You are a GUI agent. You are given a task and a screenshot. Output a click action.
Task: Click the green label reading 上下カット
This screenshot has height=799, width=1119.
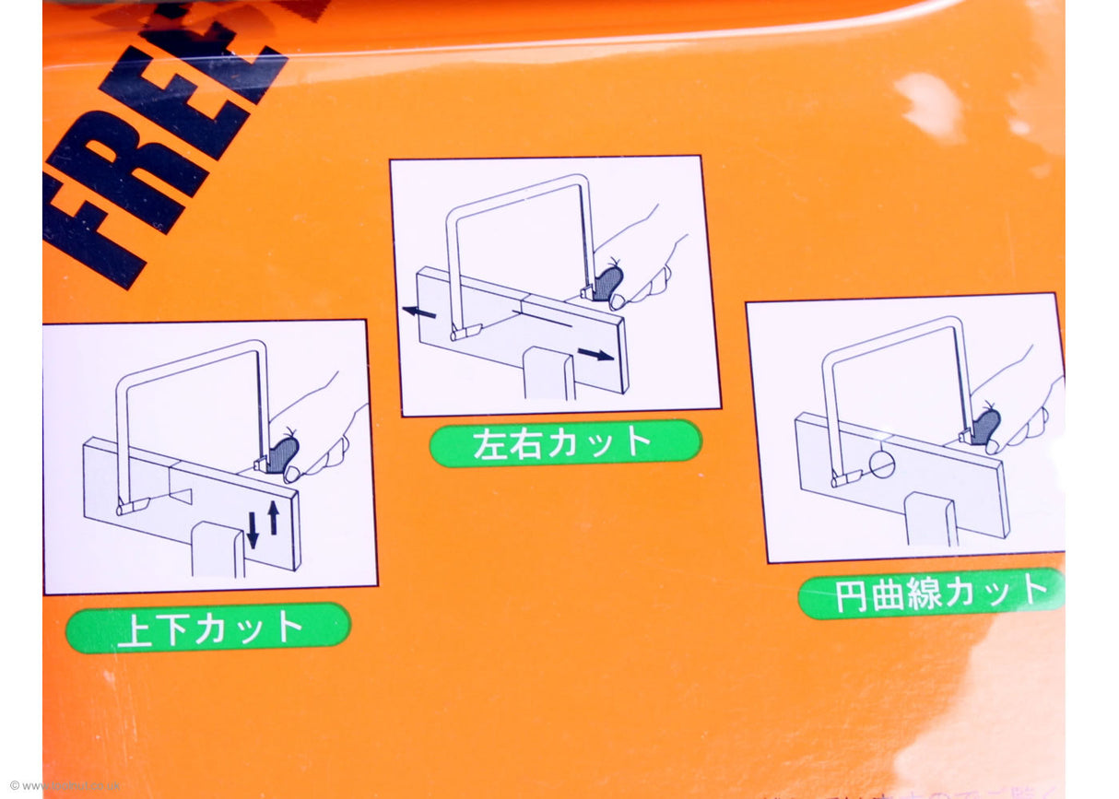click(208, 629)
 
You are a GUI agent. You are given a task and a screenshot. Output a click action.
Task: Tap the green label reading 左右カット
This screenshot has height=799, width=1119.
click(565, 443)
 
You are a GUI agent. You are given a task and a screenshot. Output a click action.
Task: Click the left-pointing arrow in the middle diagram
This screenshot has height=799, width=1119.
click(420, 312)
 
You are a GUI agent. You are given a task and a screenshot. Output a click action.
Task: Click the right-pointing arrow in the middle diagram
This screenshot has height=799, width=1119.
click(596, 354)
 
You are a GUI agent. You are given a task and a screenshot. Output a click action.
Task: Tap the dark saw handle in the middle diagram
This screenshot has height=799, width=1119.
click(607, 282)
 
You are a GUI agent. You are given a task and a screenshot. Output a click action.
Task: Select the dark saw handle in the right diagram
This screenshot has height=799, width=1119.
click(984, 426)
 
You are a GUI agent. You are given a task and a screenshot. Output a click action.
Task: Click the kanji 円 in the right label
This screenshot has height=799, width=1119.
click(853, 597)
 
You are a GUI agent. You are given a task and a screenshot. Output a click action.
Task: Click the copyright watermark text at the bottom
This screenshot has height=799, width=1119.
click(65, 786)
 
